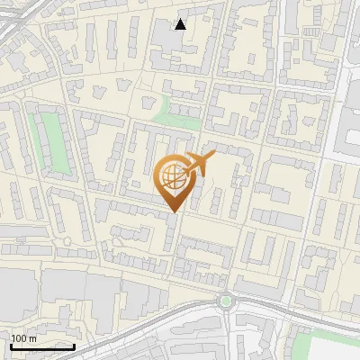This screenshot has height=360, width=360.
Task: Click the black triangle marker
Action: (181, 24)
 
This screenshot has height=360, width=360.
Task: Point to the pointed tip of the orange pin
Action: (172, 211)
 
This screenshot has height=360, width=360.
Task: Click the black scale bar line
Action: (42, 346)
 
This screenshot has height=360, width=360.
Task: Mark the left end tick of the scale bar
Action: (11, 345)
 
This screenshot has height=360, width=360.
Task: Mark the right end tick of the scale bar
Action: (74, 345)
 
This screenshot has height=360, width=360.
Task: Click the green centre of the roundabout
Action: (226, 301)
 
